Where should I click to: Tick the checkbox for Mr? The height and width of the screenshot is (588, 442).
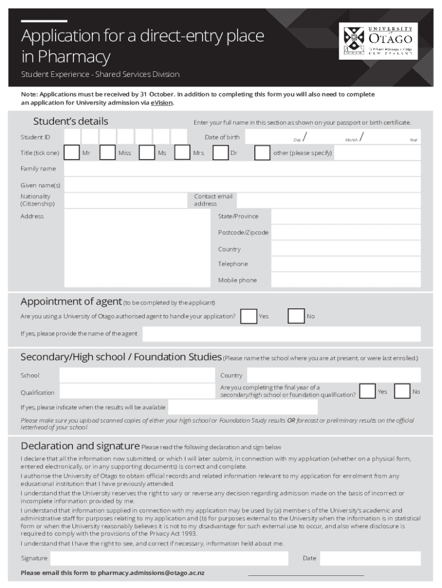coord(72,153)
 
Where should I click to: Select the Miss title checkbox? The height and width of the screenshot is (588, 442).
coord(107,153)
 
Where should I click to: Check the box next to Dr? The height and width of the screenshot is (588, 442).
coord(220,153)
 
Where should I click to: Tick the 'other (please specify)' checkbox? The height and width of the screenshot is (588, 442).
coord(262,153)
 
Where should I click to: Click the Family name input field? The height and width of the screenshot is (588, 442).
coord(242,169)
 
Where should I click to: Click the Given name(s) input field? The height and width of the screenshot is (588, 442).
coord(242,185)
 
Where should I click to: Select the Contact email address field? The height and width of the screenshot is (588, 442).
coord(328,200)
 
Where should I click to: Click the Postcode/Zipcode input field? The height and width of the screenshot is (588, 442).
coord(346,233)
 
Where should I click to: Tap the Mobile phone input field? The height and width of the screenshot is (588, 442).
coord(346,280)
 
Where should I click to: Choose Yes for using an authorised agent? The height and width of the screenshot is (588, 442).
coord(249,316)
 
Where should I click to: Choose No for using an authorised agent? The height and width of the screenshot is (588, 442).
coord(296,316)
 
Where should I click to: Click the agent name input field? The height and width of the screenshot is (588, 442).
coord(281,334)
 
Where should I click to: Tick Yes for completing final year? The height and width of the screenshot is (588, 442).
coord(367,391)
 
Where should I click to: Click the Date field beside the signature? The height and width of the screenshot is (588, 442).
coord(370,558)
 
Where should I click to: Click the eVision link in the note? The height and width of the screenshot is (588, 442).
coord(161,103)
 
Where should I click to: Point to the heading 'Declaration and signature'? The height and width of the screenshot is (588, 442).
coord(80,446)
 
